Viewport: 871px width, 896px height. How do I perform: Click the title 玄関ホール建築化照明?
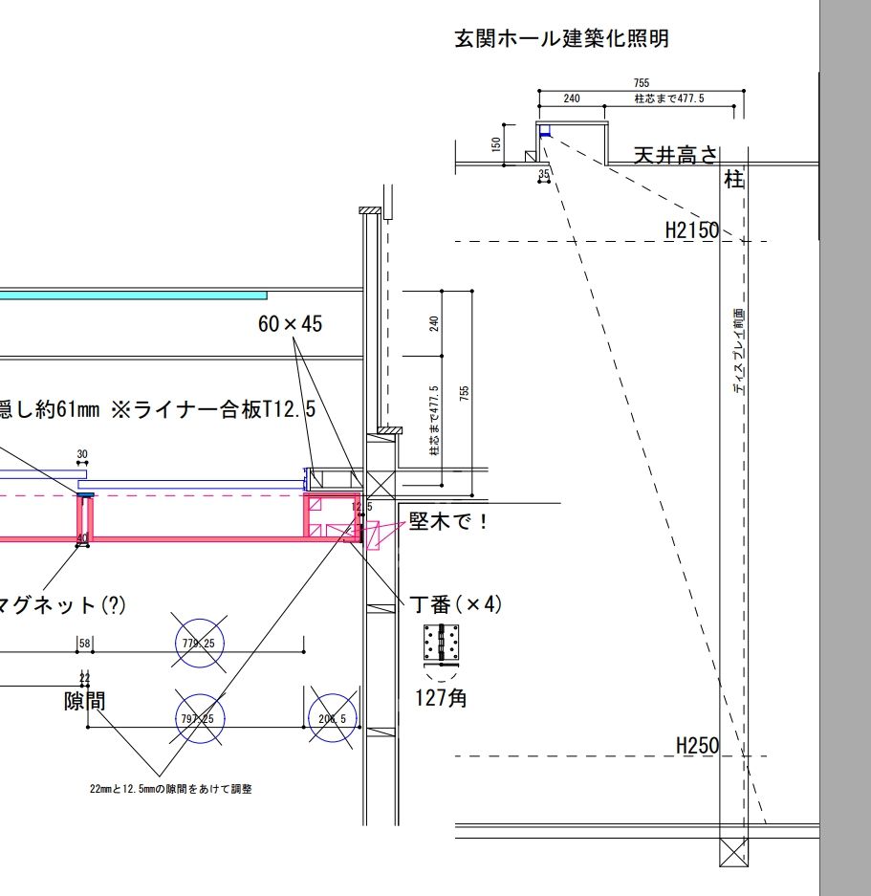pyautogui.click(x=561, y=39)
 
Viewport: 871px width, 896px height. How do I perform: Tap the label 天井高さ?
pyautogui.click(x=675, y=155)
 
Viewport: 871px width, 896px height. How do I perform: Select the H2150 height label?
pyautogui.click(x=691, y=230)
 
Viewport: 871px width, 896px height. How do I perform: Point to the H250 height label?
pyautogui.click(x=697, y=745)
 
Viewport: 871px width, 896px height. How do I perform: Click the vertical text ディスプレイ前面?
pyautogui.click(x=738, y=351)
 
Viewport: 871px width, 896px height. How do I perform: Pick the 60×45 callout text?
pyautogui.click(x=290, y=324)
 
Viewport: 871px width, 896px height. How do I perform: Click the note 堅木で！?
pyautogui.click(x=448, y=521)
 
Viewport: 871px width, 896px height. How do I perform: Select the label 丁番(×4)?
pyautogui.click(x=455, y=604)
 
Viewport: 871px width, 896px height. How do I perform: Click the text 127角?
pyautogui.click(x=441, y=698)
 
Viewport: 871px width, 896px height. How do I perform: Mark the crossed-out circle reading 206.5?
pyautogui.click(x=333, y=718)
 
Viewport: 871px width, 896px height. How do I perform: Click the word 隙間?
pyautogui.click(x=85, y=701)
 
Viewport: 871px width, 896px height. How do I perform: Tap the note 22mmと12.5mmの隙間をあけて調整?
pyautogui.click(x=171, y=789)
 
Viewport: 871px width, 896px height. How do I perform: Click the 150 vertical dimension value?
pyautogui.click(x=495, y=143)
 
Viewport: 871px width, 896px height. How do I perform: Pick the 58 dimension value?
pyautogui.click(x=85, y=644)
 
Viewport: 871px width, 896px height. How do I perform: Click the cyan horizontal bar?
pyautogui.click(x=133, y=295)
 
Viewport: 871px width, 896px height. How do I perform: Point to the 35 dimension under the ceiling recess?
pyautogui.click(x=544, y=174)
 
